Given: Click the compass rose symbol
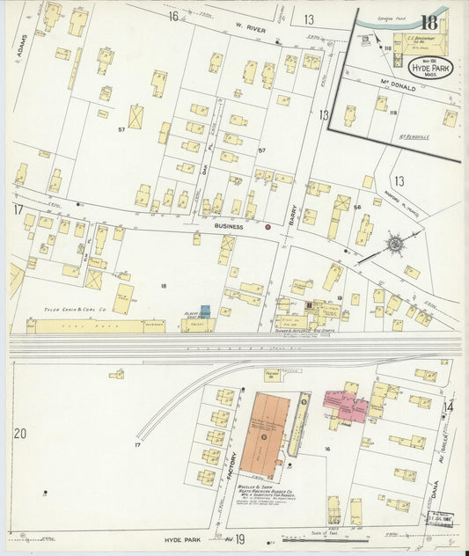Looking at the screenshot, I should [x=395, y=242].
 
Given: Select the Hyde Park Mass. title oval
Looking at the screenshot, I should [x=431, y=69].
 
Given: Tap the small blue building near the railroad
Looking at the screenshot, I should [x=205, y=310].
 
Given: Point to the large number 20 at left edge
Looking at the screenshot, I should [x=20, y=433].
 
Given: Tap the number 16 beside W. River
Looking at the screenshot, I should [x=172, y=15].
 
